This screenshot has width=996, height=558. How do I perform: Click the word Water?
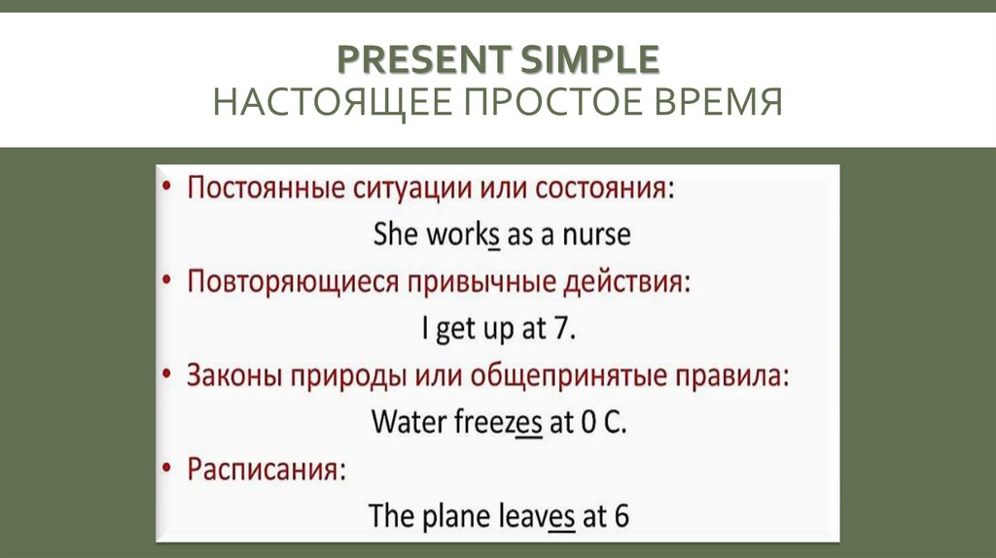click(x=409, y=422)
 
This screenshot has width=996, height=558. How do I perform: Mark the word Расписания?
click(x=266, y=470)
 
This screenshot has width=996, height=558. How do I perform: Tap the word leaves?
click(x=540, y=515)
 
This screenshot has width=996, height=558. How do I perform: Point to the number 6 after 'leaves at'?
click(x=620, y=515)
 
